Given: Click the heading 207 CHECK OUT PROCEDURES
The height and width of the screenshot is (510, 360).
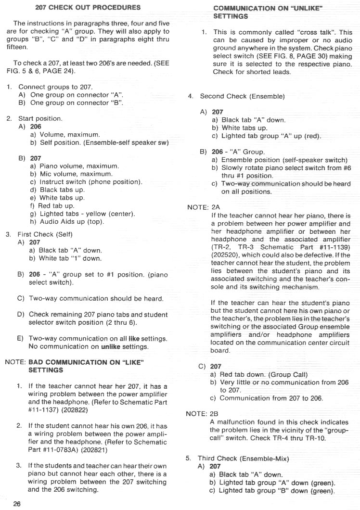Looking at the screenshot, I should point(88,7).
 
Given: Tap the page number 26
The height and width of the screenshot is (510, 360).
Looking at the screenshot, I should point(17,504).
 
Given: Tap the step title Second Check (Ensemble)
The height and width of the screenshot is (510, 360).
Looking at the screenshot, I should point(242,96).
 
